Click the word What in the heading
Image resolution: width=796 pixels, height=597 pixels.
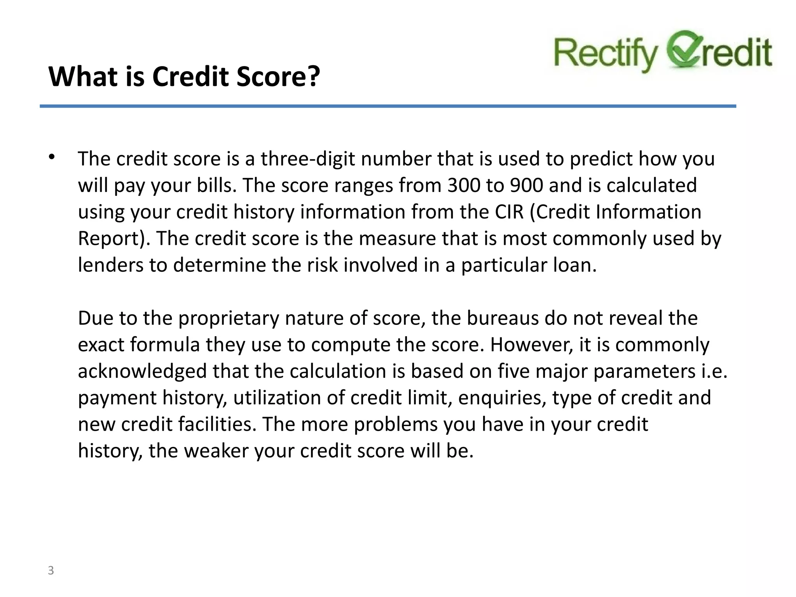click(82, 77)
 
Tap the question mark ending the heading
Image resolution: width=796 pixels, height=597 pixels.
click(313, 77)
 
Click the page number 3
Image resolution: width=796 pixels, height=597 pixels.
click(51, 571)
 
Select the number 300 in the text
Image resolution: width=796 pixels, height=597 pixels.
click(463, 185)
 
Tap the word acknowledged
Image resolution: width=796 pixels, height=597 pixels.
click(142, 371)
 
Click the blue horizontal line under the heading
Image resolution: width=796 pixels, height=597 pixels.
click(388, 106)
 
